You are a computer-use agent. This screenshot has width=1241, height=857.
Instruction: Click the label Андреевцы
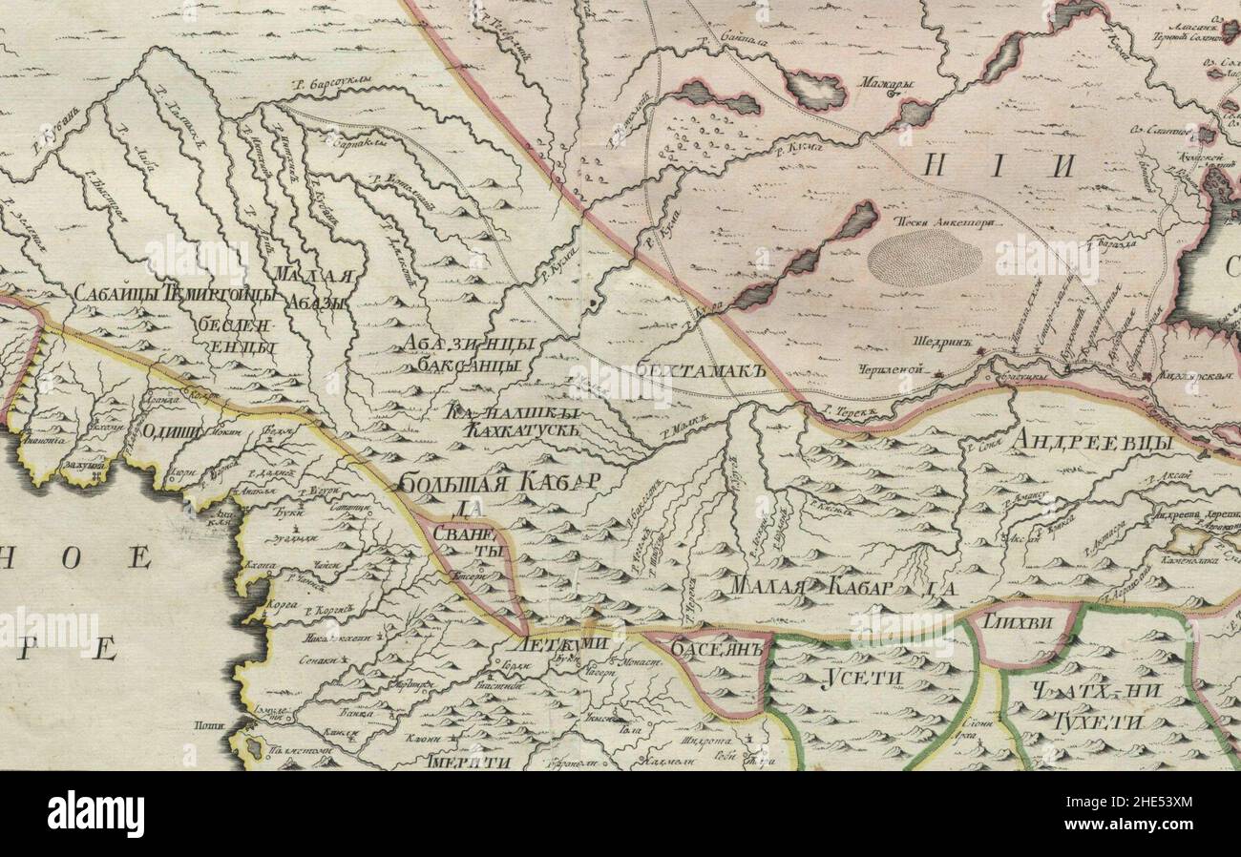pyautogui.click(x=1093, y=441)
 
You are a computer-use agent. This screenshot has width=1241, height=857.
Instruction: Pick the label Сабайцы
pyautogui.click(x=116, y=293)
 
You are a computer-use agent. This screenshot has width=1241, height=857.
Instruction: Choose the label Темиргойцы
pyautogui.click(x=221, y=293)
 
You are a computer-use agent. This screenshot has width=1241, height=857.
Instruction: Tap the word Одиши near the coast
pyautogui.click(x=172, y=430)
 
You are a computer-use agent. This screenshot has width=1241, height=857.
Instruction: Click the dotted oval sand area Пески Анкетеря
pyautogui.click(x=924, y=256)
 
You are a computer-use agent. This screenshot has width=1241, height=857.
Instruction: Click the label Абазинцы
pyautogui.click(x=467, y=345)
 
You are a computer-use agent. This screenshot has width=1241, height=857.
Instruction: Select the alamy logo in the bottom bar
pyautogui.click(x=95, y=814)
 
